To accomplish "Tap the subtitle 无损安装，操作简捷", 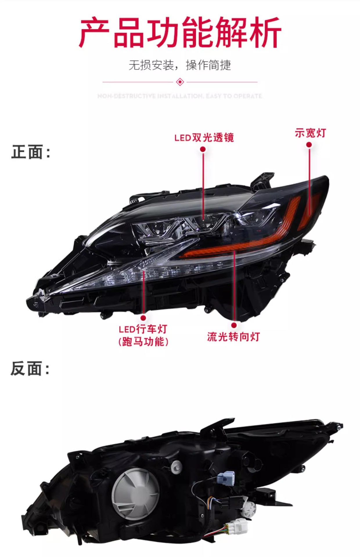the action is click(180, 65).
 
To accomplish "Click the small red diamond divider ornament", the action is click(180, 82).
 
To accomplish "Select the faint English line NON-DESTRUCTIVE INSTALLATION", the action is click(180, 96).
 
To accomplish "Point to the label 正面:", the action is click(30, 152).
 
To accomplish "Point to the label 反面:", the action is click(30, 369).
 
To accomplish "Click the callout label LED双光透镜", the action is click(204, 138).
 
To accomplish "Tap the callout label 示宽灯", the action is click(310, 133).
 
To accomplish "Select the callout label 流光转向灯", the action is click(233, 337).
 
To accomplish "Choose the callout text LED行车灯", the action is click(143, 329).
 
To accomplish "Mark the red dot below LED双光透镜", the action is click(203, 149).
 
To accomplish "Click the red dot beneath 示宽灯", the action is click(309, 144).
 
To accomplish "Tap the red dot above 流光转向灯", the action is click(234, 325).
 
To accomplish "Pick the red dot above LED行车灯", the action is click(143, 318).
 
